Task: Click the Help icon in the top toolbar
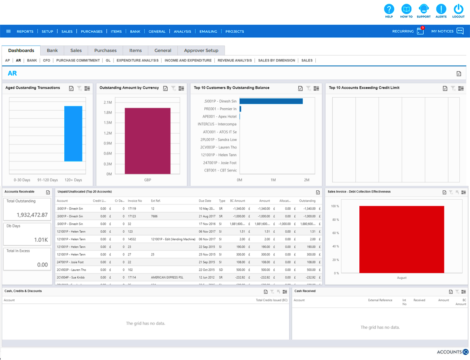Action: [389, 9]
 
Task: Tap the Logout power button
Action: [458, 9]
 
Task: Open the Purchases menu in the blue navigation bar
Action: [92, 31]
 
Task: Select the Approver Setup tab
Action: [201, 50]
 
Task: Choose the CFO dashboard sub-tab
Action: [46, 60]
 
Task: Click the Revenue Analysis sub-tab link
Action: [234, 60]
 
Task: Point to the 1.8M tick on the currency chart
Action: [108, 113]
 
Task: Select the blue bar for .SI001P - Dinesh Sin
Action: [271, 101]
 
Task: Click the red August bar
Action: [402, 239]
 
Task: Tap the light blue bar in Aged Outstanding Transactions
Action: [73, 134]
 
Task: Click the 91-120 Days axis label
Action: [48, 180]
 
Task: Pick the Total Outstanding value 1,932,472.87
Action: [32, 215]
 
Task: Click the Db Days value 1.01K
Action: [41, 240]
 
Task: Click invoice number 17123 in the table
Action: [131, 216]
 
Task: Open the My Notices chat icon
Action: [460, 31]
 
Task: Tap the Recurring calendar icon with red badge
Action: [420, 31]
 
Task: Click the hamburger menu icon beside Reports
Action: [8, 31]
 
